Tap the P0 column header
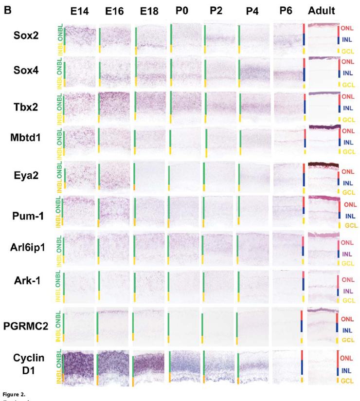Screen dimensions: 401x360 [x=182, y=11]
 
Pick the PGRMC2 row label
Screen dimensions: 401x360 [x=31, y=325]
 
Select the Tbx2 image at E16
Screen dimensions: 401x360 [x=114, y=106]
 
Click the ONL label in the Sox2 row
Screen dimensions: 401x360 [x=347, y=29]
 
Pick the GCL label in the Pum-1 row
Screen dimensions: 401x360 [x=351, y=225]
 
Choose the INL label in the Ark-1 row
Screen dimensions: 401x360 [x=347, y=291]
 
